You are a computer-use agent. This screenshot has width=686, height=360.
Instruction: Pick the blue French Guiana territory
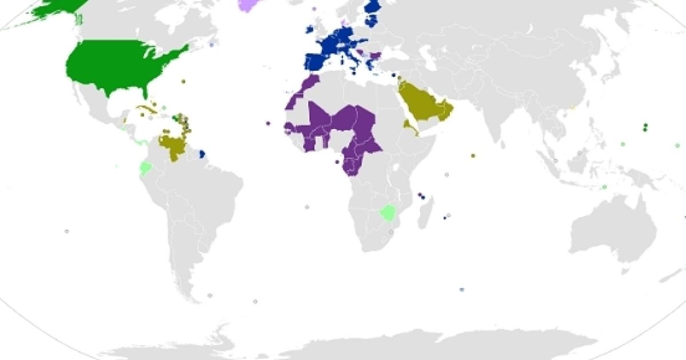coord(202,154)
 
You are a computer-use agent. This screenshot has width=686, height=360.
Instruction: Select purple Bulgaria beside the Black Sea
coord(376,55)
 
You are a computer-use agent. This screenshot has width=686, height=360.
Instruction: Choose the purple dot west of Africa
coord(268,123)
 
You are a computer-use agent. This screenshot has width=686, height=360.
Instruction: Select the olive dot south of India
coord(473,155)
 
